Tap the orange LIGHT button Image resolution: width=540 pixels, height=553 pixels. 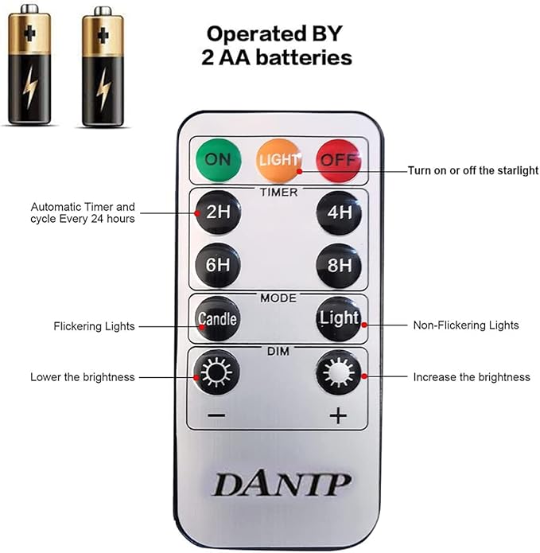[278, 159]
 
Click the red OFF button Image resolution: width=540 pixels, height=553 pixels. [338, 159]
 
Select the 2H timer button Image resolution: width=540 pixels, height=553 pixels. [217, 213]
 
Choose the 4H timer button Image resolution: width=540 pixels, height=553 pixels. [339, 213]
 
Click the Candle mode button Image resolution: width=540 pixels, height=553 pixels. [217, 318]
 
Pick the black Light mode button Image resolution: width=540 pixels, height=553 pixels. [339, 318]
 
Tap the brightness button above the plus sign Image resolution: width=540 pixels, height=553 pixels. [339, 372]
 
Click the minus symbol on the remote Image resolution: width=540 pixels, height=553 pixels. [217, 415]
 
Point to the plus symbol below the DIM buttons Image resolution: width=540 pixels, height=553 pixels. [338, 415]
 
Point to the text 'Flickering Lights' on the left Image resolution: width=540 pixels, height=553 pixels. [94, 326]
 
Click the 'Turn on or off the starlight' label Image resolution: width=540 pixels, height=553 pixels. [472, 170]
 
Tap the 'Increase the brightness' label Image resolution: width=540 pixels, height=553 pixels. [471, 376]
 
